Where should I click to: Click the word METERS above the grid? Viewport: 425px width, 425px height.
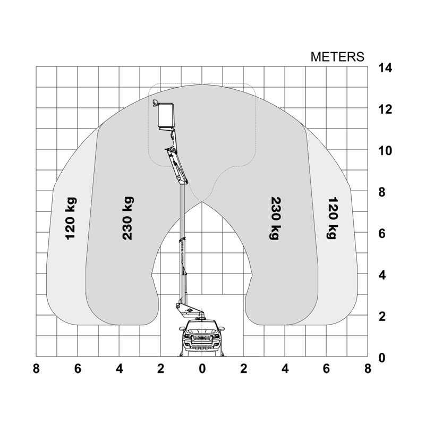[337, 57]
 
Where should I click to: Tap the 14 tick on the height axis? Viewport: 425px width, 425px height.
[385, 68]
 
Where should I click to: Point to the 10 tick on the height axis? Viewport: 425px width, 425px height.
[385, 151]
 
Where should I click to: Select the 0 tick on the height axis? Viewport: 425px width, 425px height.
[382, 358]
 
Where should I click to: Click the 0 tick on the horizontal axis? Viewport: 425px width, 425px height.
[202, 369]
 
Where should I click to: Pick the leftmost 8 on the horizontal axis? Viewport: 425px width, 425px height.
[36, 369]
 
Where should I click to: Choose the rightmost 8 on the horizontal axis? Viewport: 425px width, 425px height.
[368, 369]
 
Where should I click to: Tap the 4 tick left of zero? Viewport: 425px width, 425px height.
[119, 369]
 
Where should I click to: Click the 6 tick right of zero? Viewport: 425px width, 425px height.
[326, 369]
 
